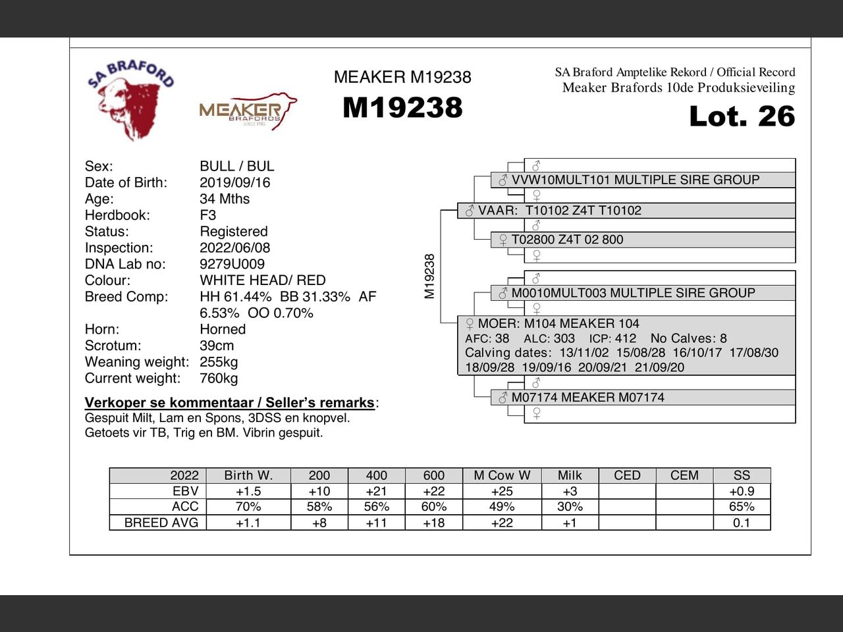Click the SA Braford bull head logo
[x=130, y=100]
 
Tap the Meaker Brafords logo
[x=248, y=111]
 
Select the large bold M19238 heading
[x=402, y=108]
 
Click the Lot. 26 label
[x=742, y=117]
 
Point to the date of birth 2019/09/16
[x=234, y=182]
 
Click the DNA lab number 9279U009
[x=232, y=264]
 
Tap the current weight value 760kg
[x=219, y=379]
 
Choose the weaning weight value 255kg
[x=219, y=362]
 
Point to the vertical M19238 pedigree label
[x=429, y=276]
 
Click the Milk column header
[x=570, y=475]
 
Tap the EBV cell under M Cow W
[x=502, y=491]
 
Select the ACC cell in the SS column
[x=742, y=507]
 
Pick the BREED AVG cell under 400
[x=376, y=523]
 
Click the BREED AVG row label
[x=161, y=523]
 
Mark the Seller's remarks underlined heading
[x=230, y=403]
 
